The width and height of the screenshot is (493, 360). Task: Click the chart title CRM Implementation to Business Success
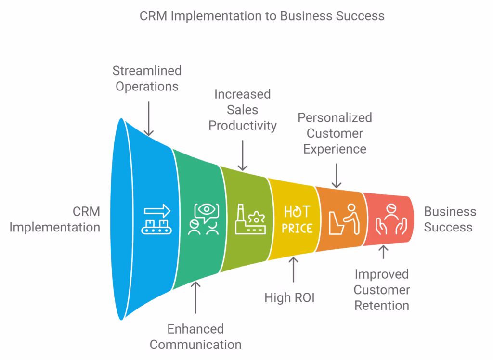pyautogui.click(x=262, y=16)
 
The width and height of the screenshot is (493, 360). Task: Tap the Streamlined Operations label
pyautogui.click(x=147, y=78)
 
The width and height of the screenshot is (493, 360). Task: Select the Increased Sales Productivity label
pyautogui.click(x=243, y=110)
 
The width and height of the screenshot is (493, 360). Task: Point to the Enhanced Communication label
pyautogui.click(x=195, y=336)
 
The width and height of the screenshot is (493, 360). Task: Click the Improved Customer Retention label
pyautogui.click(x=382, y=290)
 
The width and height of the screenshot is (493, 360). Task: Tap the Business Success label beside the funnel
pyautogui.click(x=450, y=219)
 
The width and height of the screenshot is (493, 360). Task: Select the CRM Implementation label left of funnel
pyautogui.click(x=54, y=219)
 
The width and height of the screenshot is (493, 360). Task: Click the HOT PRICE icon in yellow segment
pyautogui.click(x=297, y=219)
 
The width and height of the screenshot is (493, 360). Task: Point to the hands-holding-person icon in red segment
pyautogui.click(x=389, y=219)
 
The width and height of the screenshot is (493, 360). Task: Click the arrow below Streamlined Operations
pyautogui.click(x=149, y=118)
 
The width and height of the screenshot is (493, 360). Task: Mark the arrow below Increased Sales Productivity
pyautogui.click(x=243, y=155)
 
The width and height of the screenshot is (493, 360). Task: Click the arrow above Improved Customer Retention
pyautogui.click(x=383, y=253)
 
